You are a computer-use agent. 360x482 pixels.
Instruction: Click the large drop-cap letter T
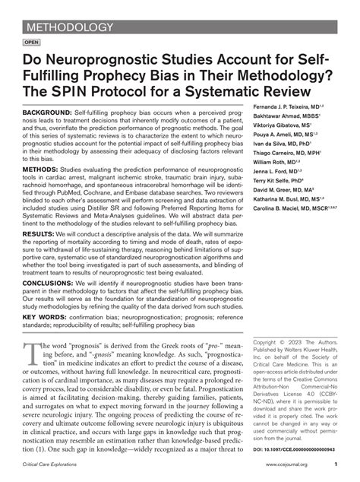[x=34, y=380]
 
